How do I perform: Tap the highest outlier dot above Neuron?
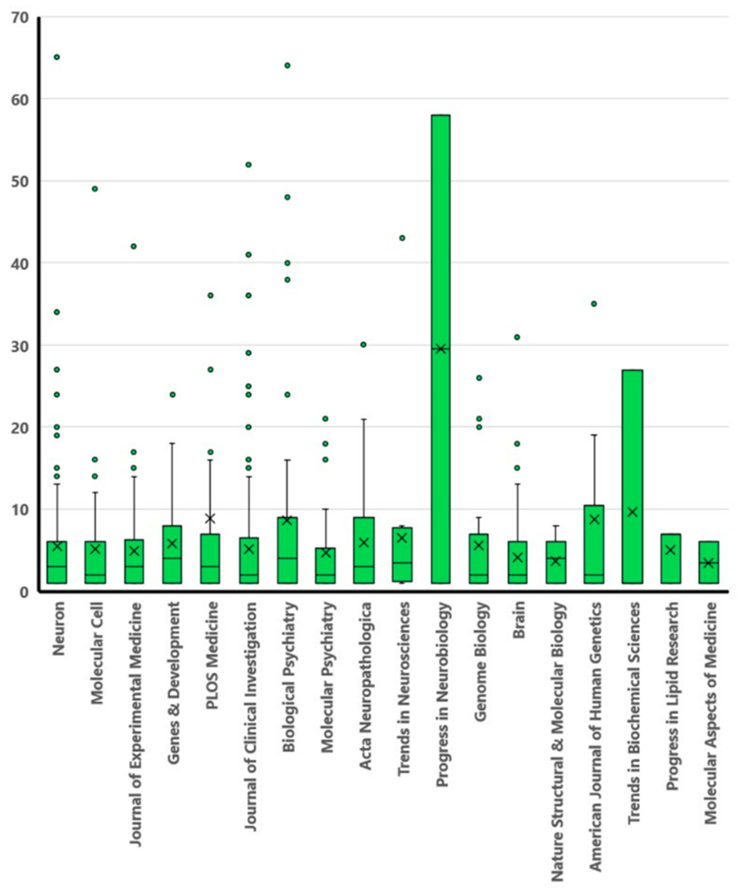tap(57, 57)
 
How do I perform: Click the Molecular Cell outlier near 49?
tap(95, 189)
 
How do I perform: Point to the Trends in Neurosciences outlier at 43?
tap(402, 238)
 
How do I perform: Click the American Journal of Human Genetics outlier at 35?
tap(594, 303)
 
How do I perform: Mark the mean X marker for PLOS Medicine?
tap(210, 518)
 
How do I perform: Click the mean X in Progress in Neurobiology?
tap(441, 349)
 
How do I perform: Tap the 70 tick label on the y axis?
tap(21, 18)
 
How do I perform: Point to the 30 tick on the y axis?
tap(21, 345)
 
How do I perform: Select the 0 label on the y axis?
tap(25, 592)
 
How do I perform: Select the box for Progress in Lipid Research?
tap(671, 558)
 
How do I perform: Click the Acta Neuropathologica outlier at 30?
tap(364, 345)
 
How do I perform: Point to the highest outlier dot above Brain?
tap(517, 337)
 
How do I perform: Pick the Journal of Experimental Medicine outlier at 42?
tap(133, 246)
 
